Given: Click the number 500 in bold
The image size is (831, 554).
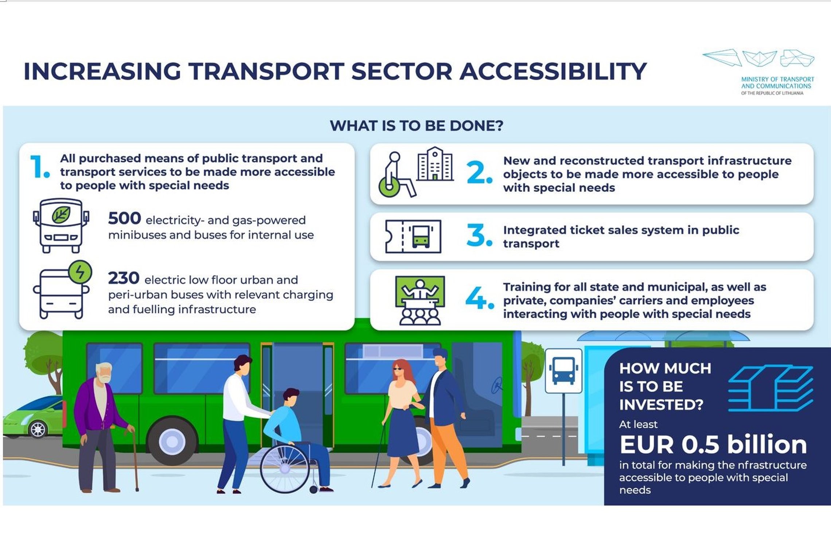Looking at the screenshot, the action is [x=124, y=219].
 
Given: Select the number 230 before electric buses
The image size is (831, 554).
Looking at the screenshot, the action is [x=124, y=278].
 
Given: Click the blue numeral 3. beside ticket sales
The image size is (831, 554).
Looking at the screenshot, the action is [x=479, y=235].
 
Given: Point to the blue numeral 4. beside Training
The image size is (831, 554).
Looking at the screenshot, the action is [x=480, y=298].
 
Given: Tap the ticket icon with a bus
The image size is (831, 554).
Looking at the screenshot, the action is [x=413, y=237].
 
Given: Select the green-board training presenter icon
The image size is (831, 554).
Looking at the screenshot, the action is [x=420, y=300].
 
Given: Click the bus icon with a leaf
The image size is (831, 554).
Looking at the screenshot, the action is [x=61, y=226].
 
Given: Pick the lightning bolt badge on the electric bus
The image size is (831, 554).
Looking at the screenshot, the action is [x=80, y=272].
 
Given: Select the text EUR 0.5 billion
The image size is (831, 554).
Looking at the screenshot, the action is [x=713, y=445].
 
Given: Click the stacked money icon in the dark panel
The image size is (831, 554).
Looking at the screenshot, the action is [x=770, y=388].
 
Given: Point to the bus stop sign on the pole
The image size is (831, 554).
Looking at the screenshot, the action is [x=563, y=371].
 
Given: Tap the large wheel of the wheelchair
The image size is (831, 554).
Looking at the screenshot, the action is [x=285, y=469].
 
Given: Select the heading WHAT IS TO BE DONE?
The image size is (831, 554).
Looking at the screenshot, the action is [x=417, y=126].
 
